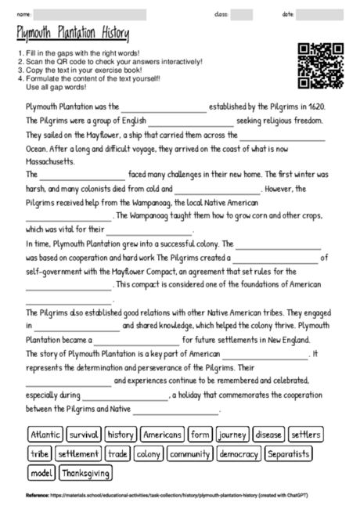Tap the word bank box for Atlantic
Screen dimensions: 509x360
[45, 434]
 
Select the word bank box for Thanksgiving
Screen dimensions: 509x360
[86, 473]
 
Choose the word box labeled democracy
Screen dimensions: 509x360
[239, 453]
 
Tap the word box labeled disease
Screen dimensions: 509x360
[268, 434]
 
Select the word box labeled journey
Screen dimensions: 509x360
[232, 434]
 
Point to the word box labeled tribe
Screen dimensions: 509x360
[39, 453]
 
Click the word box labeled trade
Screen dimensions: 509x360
[117, 453]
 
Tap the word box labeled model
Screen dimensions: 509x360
[41, 473]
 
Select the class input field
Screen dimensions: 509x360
[242, 14]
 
